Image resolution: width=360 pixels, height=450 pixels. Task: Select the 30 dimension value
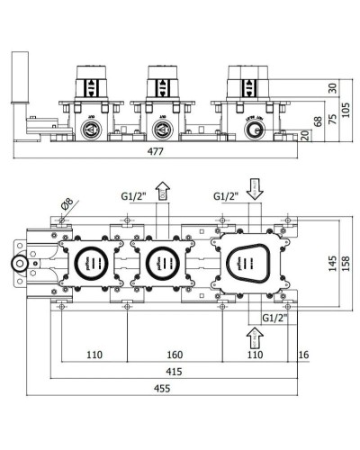click(x=332, y=87)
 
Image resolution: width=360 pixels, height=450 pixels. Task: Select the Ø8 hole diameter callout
click(x=64, y=202)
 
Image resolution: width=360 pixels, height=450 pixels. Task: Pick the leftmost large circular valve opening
click(x=90, y=264)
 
